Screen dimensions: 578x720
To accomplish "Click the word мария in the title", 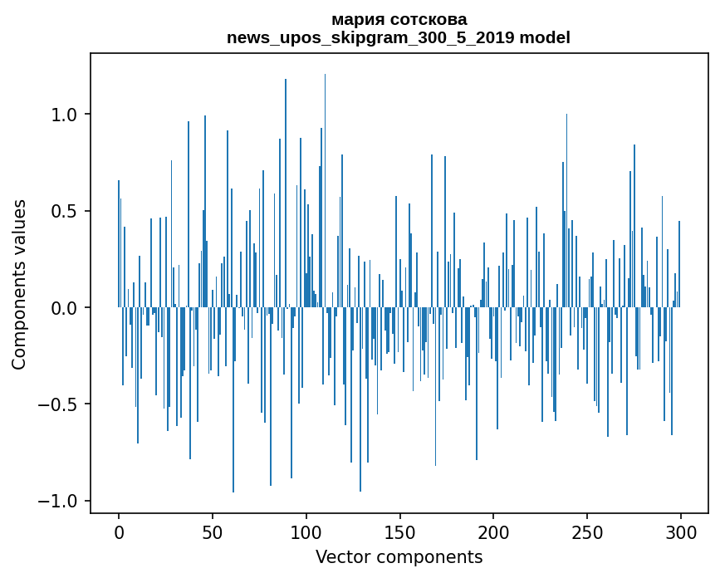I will coord(356,19).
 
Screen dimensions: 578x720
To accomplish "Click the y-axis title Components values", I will coord(19,284).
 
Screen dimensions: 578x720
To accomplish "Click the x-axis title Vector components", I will coord(399,556).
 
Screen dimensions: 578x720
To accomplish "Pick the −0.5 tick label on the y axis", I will coord(60,404).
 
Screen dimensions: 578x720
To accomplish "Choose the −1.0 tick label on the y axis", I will coord(60,501).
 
